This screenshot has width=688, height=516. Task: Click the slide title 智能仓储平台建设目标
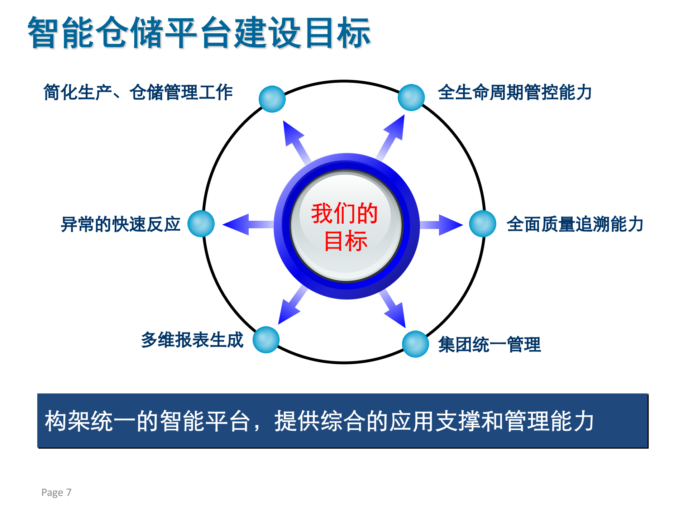pos(199,33)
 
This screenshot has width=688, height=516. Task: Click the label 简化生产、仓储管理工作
pos(138,92)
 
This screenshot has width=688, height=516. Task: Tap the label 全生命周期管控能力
pos(515,92)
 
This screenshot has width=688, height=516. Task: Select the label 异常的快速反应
pos(120,225)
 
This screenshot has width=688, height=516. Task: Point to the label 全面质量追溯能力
pos(575,225)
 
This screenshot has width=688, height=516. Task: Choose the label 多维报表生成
pos(192,340)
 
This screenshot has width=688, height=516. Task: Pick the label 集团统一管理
pos(489,345)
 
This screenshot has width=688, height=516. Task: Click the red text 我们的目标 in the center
pos(345,226)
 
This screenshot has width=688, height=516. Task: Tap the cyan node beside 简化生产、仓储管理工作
pos(272,99)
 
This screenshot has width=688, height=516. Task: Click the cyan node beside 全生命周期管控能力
pos(411,97)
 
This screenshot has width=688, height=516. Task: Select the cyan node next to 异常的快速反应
pos(201,224)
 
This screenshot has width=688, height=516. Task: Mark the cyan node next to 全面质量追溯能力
pos(483,224)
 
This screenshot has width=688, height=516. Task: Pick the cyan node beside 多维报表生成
pos(266,340)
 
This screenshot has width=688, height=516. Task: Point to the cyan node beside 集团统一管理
pos(415,344)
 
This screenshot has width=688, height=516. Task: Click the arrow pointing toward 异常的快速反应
pos(244,225)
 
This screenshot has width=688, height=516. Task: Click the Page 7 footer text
pos(56,493)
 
